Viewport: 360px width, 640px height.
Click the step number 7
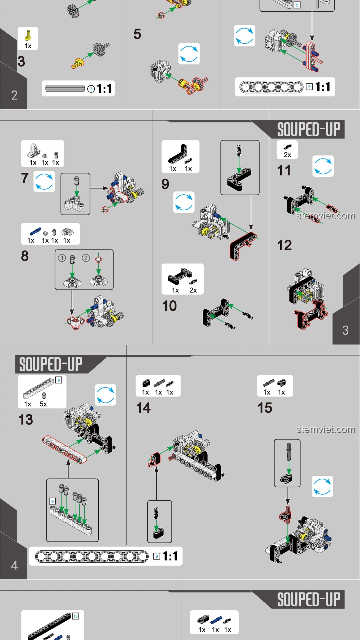25,178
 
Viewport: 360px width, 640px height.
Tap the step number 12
284,246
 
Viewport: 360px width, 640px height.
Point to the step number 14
143,408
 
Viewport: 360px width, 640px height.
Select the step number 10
169,306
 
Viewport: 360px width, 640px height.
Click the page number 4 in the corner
14,565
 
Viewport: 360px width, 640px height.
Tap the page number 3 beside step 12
345,330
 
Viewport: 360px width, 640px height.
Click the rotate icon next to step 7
44,181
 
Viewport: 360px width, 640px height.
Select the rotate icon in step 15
322,486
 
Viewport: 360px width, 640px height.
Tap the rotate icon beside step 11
323,166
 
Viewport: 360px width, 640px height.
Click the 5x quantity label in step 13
43,404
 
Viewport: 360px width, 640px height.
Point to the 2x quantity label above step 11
287,155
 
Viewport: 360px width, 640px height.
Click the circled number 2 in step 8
86,258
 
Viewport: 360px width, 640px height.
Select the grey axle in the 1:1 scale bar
65,89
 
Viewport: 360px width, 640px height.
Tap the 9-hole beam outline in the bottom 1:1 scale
92,556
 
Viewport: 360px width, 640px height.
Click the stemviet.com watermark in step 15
326,429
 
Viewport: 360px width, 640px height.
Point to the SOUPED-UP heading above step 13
51,364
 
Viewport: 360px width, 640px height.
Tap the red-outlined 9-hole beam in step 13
64,449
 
